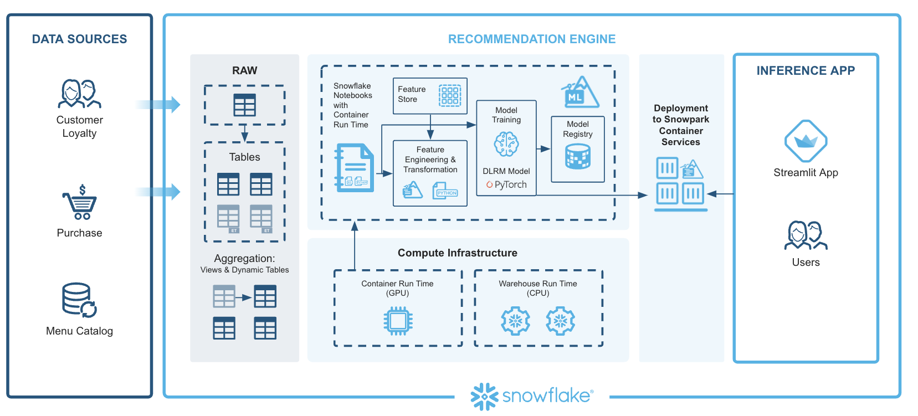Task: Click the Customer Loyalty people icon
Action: point(79,94)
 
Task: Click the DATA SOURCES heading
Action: point(79,39)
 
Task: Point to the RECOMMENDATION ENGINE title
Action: point(531,39)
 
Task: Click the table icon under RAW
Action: point(244,105)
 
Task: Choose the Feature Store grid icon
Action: point(449,95)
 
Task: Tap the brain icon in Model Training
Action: point(506,144)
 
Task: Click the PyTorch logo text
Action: point(506,184)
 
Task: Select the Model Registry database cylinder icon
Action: point(577,156)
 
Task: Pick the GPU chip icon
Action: point(397,321)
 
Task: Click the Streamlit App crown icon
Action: point(806,141)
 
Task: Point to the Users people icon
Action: point(806,235)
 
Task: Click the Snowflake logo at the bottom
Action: point(531,396)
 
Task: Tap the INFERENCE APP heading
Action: point(806,71)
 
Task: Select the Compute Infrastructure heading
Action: point(457,253)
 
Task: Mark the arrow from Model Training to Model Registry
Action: point(543,148)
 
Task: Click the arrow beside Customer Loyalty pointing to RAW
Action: point(159,105)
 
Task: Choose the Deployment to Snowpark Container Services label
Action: point(680,125)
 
